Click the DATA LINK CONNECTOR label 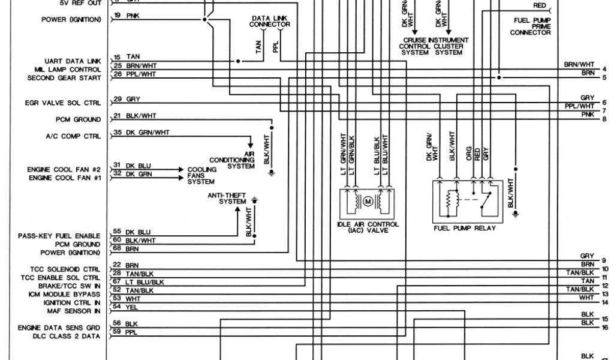tap(270, 22)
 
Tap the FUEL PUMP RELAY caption tap(465, 229)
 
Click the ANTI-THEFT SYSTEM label tap(227, 199)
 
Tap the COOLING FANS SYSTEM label tap(201, 175)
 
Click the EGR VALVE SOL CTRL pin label tap(63, 103)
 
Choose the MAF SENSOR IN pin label tap(74, 311)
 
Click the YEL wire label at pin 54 tap(132, 307)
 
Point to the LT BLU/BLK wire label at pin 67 tap(145, 282)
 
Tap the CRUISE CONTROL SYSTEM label tap(414, 46)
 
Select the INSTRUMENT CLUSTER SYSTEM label tap(449, 46)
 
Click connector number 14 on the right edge tap(605, 303)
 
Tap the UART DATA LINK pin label tap(73, 61)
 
